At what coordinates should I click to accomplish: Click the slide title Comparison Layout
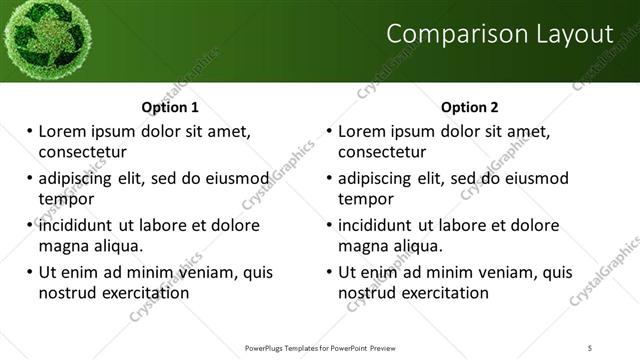tap(499, 34)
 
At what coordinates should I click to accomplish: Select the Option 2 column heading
tap(469, 107)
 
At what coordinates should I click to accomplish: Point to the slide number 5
tap(590, 347)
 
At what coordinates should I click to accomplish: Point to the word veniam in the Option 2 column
tap(504, 272)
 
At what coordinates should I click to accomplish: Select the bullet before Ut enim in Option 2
tap(329, 272)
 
